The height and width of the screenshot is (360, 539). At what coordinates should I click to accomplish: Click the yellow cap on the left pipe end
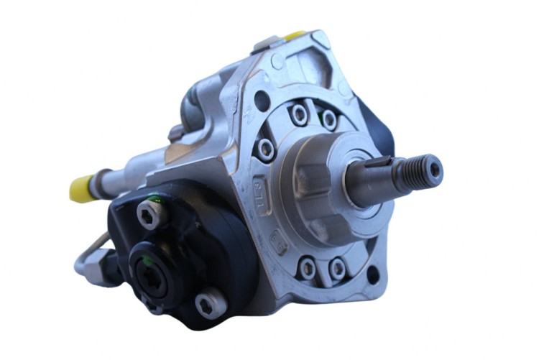[x=82, y=188]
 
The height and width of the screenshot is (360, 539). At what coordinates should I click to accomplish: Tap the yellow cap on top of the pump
[x=295, y=34]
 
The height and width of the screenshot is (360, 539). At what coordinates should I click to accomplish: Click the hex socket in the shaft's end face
[x=436, y=169]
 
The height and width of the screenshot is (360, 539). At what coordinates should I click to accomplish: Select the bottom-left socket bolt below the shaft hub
[x=308, y=268]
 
